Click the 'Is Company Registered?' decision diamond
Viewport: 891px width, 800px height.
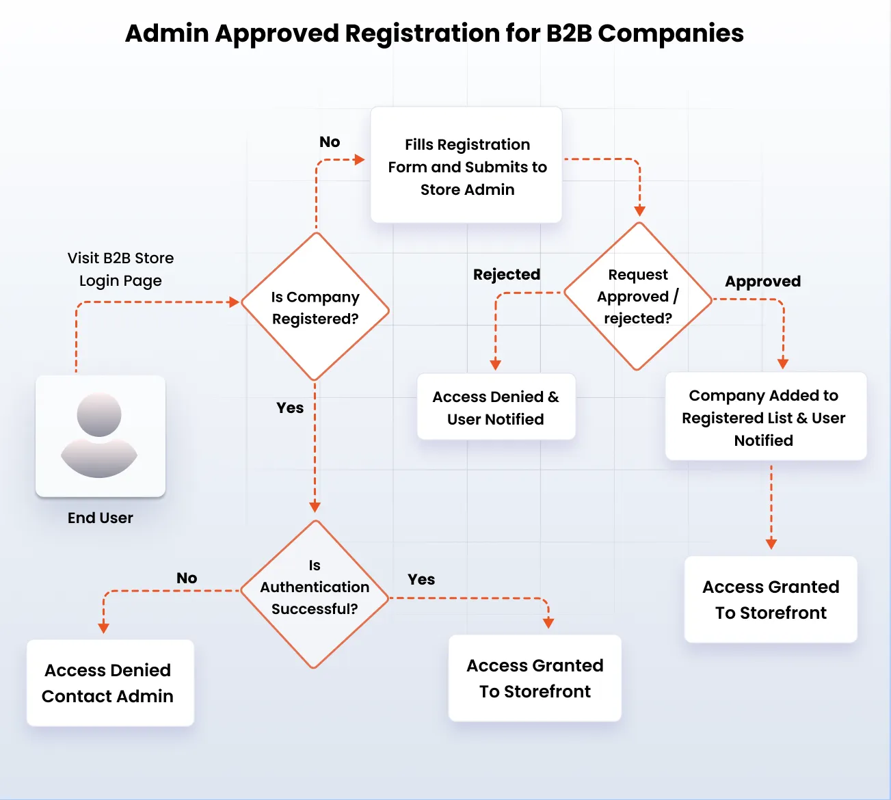(x=315, y=307)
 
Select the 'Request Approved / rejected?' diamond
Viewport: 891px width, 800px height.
(x=638, y=296)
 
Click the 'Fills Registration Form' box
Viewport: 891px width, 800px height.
(x=466, y=165)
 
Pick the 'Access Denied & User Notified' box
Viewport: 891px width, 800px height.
(x=496, y=407)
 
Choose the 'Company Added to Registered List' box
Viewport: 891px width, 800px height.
(x=765, y=416)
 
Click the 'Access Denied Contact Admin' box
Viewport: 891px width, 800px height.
(x=109, y=682)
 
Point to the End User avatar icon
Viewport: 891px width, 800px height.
(x=100, y=436)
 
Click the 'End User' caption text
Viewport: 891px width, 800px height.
(x=100, y=518)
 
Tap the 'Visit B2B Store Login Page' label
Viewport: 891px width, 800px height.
(x=120, y=269)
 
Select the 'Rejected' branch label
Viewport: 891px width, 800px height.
(x=506, y=274)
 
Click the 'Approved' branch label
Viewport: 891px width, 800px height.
(x=762, y=281)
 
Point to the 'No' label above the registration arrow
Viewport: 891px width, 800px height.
(x=330, y=142)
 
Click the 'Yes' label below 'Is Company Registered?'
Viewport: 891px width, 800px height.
(x=290, y=408)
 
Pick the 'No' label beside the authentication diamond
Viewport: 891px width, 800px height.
(x=187, y=578)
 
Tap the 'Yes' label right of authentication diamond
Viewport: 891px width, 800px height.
(x=421, y=579)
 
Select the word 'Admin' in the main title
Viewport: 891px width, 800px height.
(x=166, y=33)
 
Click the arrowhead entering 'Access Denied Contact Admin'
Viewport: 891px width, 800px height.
(x=104, y=627)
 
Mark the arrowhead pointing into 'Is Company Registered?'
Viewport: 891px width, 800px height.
(x=234, y=302)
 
